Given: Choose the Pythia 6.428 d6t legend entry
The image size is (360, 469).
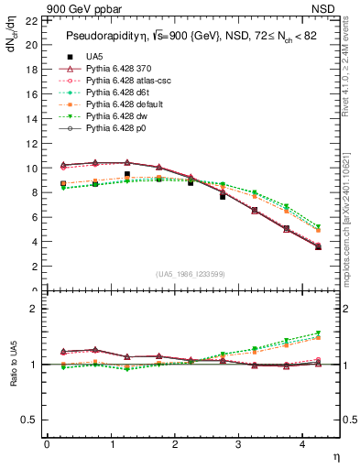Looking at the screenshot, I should [119, 93].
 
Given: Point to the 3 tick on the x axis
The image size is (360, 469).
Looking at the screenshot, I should [237, 444].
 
